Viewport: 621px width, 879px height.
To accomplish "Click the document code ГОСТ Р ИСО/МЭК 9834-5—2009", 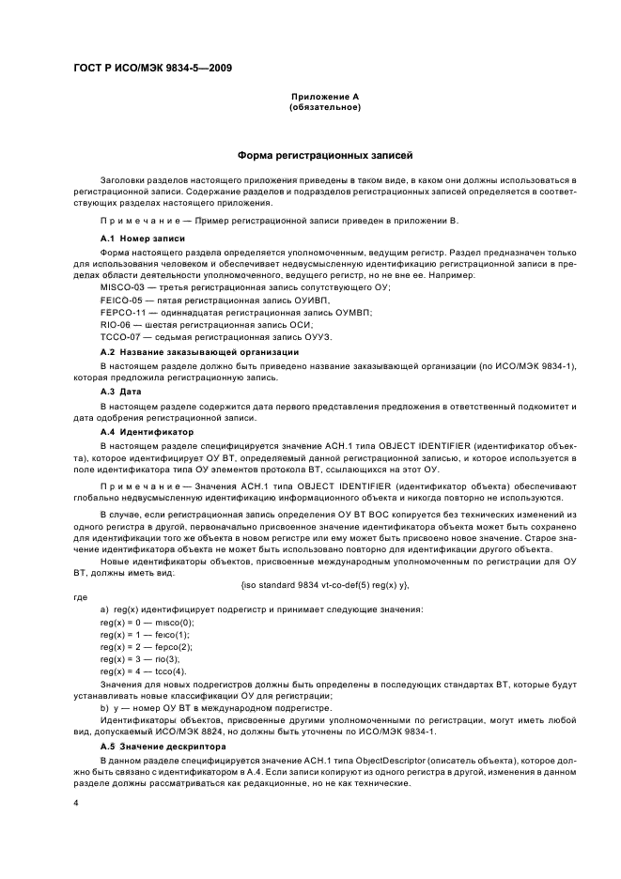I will [152, 68].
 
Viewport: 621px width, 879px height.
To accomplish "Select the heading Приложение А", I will [326, 97].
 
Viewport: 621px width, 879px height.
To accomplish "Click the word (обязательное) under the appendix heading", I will [326, 107].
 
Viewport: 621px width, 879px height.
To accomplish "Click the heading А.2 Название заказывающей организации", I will [199, 351].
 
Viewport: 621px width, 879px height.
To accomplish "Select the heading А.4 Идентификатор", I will [147, 431].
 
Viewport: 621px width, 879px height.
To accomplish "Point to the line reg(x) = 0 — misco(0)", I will [147, 622].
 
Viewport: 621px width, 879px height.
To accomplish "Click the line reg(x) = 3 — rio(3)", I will [139, 658].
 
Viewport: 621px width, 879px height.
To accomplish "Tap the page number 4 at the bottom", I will [76, 804].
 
